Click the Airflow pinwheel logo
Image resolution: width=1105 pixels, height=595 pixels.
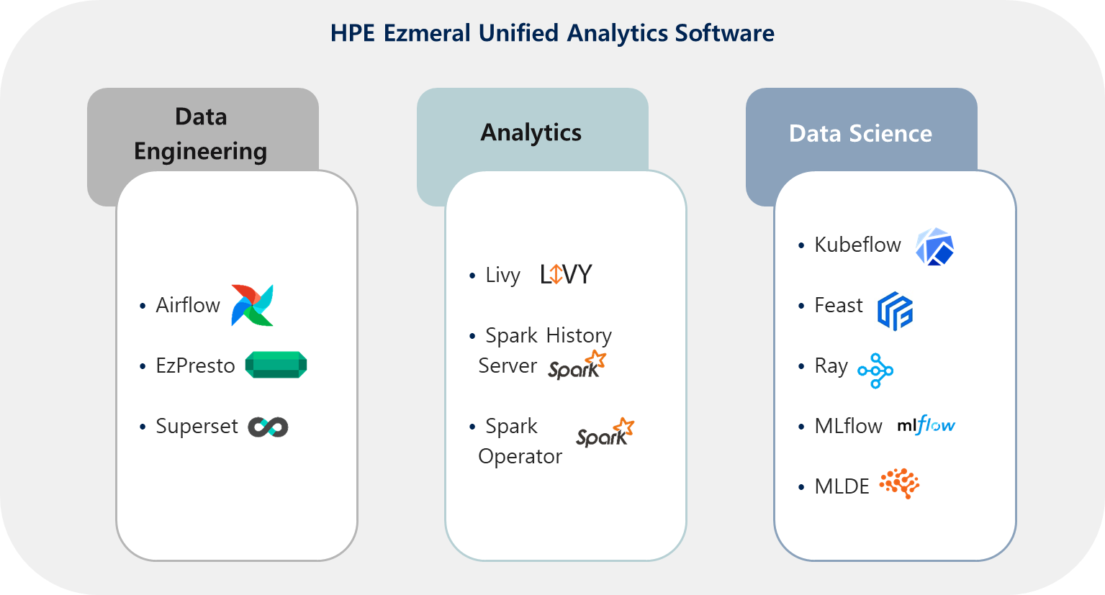[252, 305]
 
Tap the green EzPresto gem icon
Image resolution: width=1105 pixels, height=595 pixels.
[276, 365]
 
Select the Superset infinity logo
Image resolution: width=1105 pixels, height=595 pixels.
[268, 427]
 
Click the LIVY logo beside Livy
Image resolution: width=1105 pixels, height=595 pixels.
[566, 274]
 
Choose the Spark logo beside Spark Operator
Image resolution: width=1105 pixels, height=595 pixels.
[605, 432]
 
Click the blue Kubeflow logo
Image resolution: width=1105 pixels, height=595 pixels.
[934, 247]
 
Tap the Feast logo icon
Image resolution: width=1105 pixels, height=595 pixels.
[895, 311]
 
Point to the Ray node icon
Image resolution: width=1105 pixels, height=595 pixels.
[875, 371]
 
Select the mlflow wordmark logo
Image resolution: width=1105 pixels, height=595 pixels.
[926, 425]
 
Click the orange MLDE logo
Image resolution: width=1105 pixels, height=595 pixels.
[899, 483]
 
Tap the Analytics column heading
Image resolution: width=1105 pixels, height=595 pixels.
[531, 132]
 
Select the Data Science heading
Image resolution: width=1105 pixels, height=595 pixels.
[860, 134]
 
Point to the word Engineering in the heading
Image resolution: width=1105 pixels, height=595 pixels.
[200, 151]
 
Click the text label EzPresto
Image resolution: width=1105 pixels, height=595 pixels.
[195, 365]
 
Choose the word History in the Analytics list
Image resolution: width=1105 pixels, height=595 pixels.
[579, 336]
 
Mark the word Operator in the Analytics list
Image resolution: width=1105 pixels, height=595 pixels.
[520, 456]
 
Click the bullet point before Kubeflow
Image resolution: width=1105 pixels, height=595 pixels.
[801, 245]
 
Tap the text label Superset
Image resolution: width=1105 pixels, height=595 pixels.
[197, 426]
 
